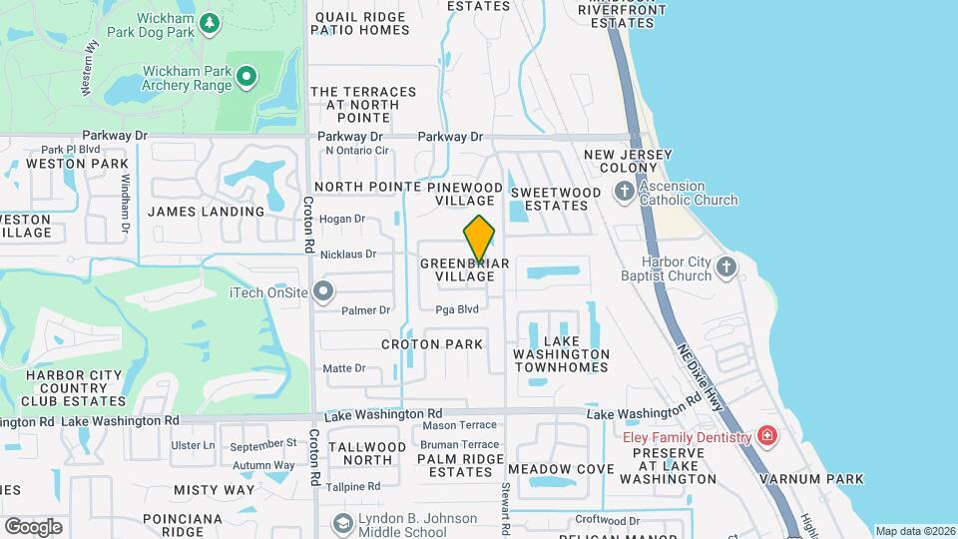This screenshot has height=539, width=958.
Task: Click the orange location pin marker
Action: pos(479,238)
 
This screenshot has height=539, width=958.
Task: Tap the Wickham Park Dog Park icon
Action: pos(210,22)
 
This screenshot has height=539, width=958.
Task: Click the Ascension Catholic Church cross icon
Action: pos(624,191)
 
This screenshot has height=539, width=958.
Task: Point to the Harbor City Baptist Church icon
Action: pos(725,266)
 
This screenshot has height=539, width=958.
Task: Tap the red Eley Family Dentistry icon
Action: pos(765,436)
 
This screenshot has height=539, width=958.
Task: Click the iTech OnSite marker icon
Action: pos(323,291)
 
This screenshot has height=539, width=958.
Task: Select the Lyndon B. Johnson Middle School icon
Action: pos(343,524)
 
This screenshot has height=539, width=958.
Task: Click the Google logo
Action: pos(33,526)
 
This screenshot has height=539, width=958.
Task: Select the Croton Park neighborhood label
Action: pos(432,344)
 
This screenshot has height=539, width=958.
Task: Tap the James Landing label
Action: pos(206,212)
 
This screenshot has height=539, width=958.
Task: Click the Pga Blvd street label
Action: pos(457,309)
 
